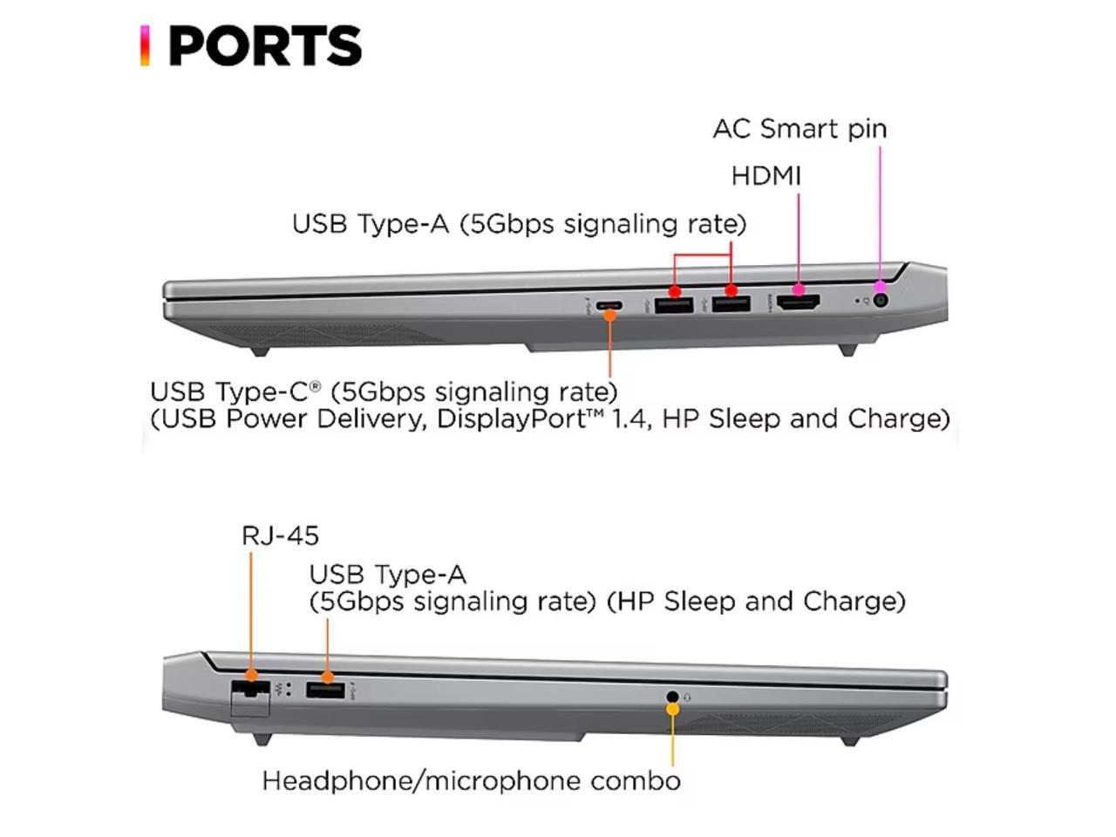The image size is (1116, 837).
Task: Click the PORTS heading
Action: (x=264, y=46)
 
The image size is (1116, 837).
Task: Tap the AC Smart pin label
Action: (x=800, y=129)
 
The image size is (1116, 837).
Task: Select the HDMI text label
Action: (x=766, y=176)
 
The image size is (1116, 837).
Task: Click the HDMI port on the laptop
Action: (x=798, y=303)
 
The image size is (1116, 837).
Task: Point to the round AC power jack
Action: (x=880, y=301)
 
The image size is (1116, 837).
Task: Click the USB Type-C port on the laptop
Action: (x=609, y=305)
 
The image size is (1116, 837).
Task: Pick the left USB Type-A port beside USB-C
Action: (x=673, y=304)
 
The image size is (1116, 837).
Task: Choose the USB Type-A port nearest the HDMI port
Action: (x=731, y=303)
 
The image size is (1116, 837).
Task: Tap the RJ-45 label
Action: (x=280, y=535)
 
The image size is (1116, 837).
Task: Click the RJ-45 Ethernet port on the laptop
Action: (x=250, y=691)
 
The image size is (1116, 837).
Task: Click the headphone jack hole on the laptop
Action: (x=672, y=697)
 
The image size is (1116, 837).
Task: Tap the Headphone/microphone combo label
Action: (x=471, y=780)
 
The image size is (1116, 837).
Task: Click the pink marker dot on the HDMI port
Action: (x=798, y=289)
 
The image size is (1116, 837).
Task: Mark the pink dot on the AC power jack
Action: (x=881, y=286)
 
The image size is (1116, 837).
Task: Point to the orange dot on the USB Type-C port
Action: (x=610, y=315)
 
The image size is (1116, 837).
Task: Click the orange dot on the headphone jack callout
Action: (x=672, y=709)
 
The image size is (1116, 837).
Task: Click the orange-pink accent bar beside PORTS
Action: (x=145, y=46)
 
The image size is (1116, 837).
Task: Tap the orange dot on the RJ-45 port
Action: (x=251, y=675)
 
